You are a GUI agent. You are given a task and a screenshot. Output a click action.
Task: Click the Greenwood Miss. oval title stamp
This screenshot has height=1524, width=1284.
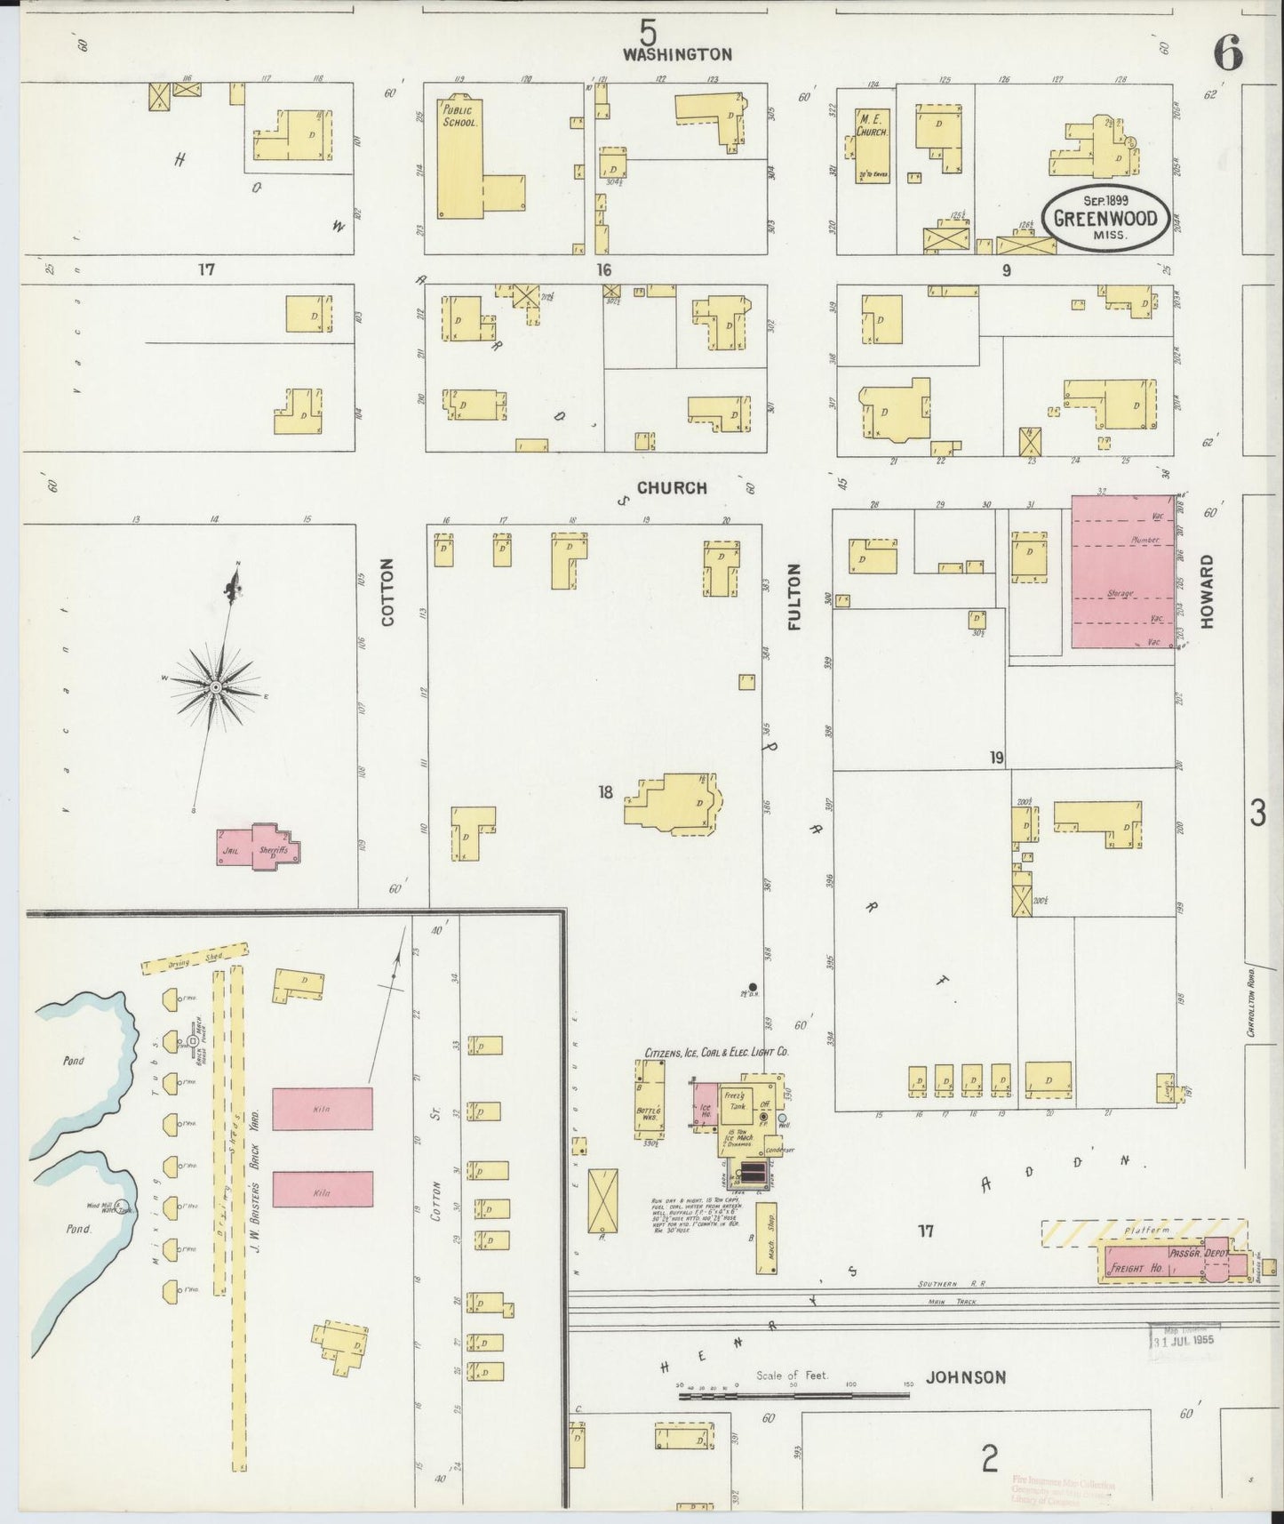click(x=1105, y=218)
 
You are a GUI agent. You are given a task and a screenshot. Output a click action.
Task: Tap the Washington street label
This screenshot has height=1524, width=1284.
click(x=677, y=54)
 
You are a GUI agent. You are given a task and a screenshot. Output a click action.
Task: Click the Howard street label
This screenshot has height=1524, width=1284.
click(x=1206, y=592)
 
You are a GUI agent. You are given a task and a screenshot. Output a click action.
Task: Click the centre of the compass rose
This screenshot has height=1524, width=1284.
click(x=215, y=687)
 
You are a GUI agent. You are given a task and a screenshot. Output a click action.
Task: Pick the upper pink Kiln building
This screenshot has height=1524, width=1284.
click(x=322, y=1109)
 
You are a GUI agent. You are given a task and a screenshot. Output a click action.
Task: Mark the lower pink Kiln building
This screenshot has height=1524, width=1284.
click(x=322, y=1189)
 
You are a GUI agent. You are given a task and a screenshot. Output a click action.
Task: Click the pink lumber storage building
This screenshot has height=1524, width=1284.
click(x=1122, y=571)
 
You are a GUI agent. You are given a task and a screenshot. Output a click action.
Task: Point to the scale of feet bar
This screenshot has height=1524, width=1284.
click(x=794, y=1395)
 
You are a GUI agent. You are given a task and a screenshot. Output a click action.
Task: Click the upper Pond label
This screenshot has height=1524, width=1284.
click(x=74, y=1061)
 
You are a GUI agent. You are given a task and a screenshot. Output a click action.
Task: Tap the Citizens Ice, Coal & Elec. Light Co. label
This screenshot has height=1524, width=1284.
click(x=717, y=1053)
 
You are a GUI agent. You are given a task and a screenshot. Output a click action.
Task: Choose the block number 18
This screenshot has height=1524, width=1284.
click(x=605, y=792)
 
